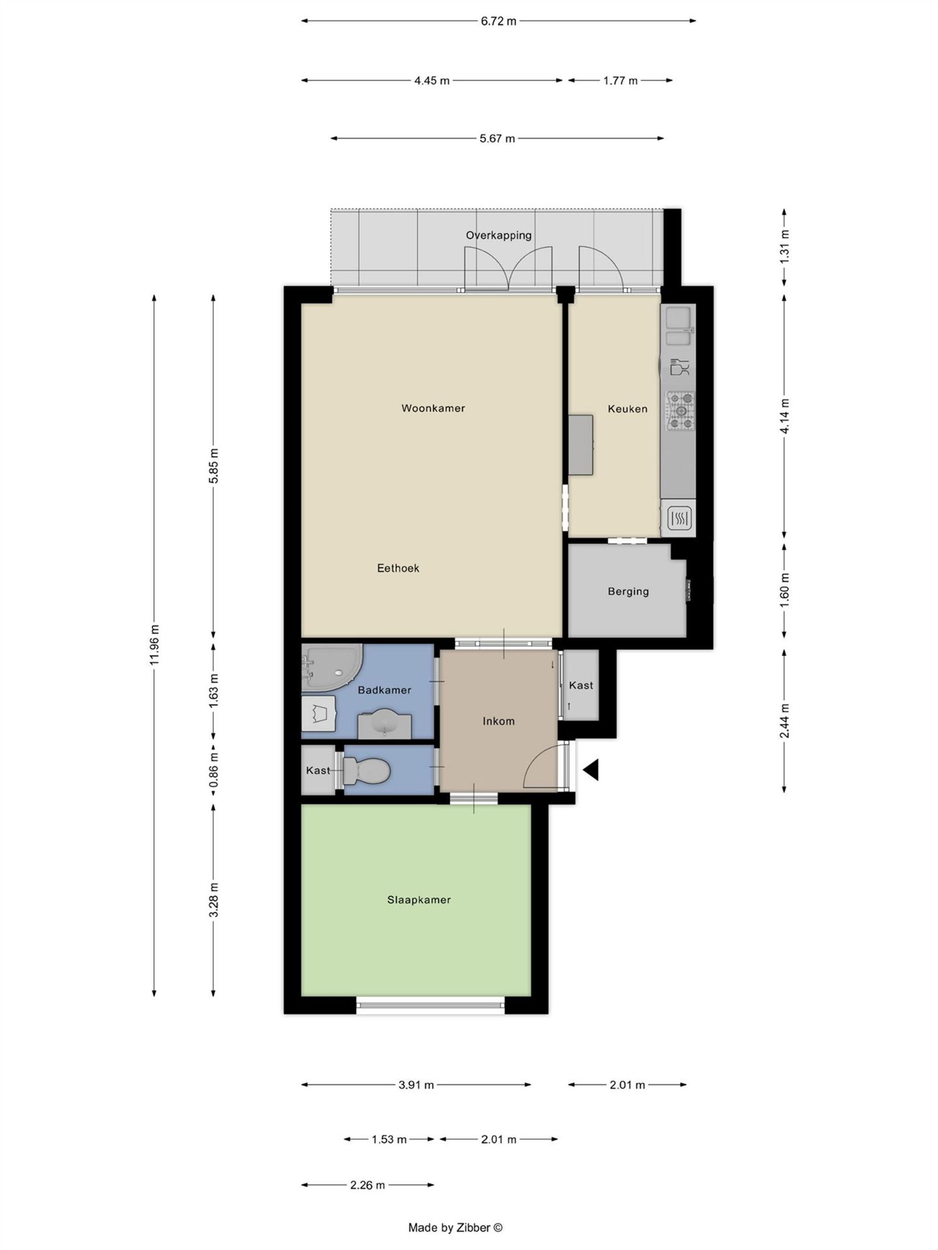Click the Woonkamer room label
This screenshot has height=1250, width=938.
click(x=433, y=408)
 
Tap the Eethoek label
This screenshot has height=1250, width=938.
click(x=398, y=568)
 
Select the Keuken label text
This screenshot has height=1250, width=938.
click(x=627, y=409)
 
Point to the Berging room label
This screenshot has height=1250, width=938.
click(x=628, y=591)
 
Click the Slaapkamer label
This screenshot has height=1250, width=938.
click(x=419, y=900)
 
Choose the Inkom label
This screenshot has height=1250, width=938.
click(x=498, y=721)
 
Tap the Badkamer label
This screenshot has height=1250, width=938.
click(x=384, y=690)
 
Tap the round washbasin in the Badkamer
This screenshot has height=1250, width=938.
click(x=385, y=723)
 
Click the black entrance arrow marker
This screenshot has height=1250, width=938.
click(x=590, y=769)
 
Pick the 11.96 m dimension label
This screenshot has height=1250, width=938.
click(x=154, y=645)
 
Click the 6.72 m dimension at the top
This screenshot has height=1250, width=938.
click(x=498, y=22)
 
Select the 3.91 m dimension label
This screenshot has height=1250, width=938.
click(x=416, y=1085)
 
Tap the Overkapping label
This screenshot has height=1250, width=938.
click(x=498, y=236)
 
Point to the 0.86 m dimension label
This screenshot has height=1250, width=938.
click(x=213, y=770)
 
